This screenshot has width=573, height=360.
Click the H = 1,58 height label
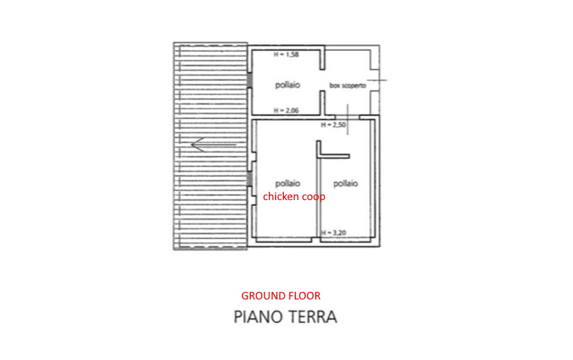coord(286,55)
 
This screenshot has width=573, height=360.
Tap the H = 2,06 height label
coord(286,110)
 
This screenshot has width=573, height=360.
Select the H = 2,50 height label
coord(333,125)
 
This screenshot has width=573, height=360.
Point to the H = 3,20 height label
coord(334,233)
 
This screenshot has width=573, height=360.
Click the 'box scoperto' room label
coord(348,85)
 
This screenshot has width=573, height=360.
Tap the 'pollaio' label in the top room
coord(288,85)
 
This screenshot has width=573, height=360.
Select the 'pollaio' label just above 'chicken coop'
coord(288,183)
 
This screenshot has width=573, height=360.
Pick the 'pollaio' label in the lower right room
coord(345,183)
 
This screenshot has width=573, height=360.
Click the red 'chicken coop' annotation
coord(294,196)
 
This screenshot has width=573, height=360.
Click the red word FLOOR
coord(303,296)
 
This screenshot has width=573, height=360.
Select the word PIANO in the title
coord(257,317)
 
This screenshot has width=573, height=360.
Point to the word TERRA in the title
coord(313,317)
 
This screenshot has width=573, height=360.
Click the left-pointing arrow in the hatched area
coord(214,145)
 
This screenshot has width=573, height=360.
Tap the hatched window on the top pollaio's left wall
coord(250,80)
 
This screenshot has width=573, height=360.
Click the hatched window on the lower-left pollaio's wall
coord(250,179)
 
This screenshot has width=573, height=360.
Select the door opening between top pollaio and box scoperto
coord(322,80)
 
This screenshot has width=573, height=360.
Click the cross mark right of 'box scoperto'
coord(377,80)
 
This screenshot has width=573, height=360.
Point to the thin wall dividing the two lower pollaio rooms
coord(319,198)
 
